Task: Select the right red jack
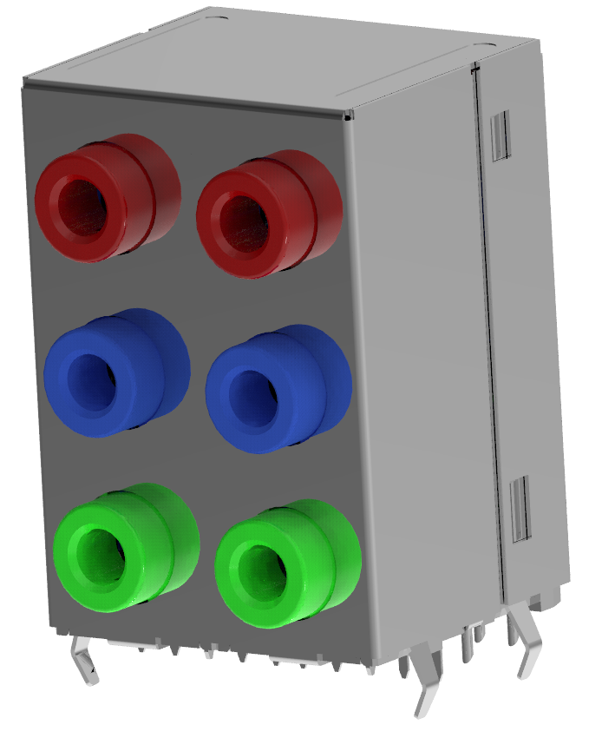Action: [267, 213]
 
